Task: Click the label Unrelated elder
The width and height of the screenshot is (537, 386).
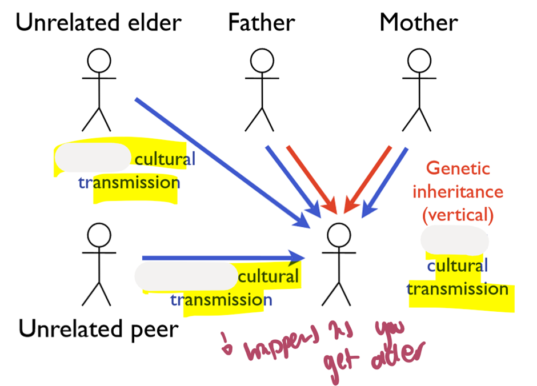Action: (98, 22)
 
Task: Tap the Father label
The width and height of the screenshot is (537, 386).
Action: (261, 22)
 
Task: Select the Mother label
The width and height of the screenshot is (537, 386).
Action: (419, 22)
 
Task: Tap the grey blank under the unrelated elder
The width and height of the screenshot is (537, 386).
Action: (93, 158)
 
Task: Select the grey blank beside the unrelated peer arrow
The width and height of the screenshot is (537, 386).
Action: (186, 276)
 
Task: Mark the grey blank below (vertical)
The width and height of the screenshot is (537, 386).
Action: (455, 240)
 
